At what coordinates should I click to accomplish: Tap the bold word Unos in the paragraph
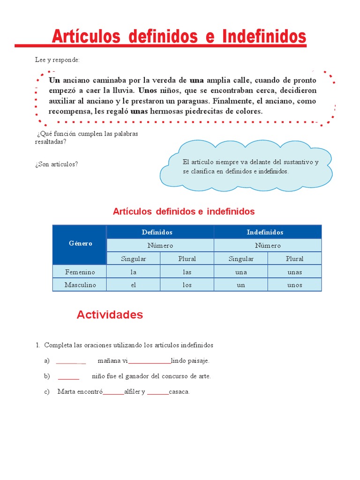click(x=147, y=90)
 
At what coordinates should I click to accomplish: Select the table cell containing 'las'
click(x=187, y=272)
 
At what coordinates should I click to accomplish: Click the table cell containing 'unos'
click(x=294, y=285)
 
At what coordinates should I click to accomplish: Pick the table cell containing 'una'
click(x=241, y=272)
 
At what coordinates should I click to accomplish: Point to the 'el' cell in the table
click(x=134, y=285)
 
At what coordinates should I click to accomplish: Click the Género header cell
click(x=80, y=244)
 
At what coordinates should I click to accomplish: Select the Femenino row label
click(x=80, y=272)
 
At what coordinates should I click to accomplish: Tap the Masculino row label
click(x=80, y=285)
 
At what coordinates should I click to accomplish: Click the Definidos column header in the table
click(x=157, y=232)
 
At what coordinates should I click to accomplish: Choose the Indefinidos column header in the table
click(x=265, y=232)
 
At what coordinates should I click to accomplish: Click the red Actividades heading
click(x=110, y=315)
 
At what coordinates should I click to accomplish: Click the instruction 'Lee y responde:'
click(x=57, y=60)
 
